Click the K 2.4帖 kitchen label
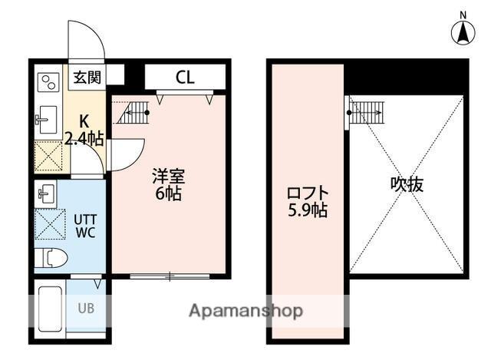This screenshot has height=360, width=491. [83, 129]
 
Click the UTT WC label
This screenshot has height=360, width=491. [85, 226]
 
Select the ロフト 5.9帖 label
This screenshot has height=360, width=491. [307, 200]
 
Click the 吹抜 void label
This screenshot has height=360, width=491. [407, 184]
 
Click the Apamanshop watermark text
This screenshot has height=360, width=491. [246, 311]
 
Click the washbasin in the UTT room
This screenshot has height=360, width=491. [45, 194]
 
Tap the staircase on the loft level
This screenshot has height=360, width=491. [366, 113]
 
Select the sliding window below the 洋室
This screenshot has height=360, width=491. [168, 274]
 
